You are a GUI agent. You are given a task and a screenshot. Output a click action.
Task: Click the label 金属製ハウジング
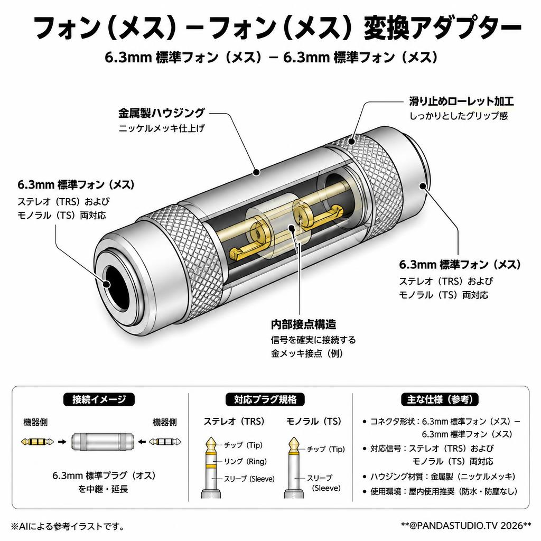(x=162, y=113)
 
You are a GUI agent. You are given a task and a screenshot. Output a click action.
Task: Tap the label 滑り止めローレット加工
(x=461, y=101)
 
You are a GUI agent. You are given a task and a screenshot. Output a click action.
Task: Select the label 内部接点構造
(x=303, y=324)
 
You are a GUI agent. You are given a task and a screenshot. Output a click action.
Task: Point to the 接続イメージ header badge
(x=99, y=399)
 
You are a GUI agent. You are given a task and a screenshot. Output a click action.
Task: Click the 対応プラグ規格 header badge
(x=265, y=399)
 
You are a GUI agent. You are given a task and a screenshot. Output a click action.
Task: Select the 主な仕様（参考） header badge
(x=440, y=399)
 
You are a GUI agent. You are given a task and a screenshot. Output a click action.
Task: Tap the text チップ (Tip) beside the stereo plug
(x=243, y=445)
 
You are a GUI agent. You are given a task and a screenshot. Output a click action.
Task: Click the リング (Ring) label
(x=245, y=461)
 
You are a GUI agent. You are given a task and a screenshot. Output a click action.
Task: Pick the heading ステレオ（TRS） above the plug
(x=234, y=421)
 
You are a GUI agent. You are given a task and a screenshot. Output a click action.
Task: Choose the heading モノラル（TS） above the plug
(x=314, y=421)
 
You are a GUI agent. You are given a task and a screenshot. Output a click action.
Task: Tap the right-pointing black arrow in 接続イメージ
(x=62, y=442)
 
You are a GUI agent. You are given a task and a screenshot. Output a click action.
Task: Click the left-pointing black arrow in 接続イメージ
(x=142, y=442)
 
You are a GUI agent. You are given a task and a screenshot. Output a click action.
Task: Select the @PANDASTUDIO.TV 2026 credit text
(x=466, y=526)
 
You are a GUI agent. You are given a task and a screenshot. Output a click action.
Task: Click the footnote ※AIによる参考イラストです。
(x=68, y=526)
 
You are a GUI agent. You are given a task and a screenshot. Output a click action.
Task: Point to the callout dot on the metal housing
(x=256, y=172)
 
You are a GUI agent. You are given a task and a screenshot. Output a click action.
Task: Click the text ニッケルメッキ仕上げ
(x=162, y=128)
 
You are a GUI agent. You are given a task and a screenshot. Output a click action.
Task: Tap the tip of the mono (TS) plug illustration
(x=294, y=438)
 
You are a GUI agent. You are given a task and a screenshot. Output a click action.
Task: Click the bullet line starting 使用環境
(x=440, y=491)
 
